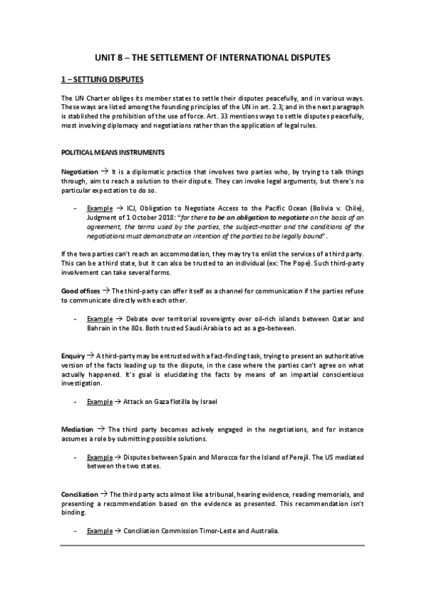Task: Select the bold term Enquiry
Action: pos(73,354)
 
